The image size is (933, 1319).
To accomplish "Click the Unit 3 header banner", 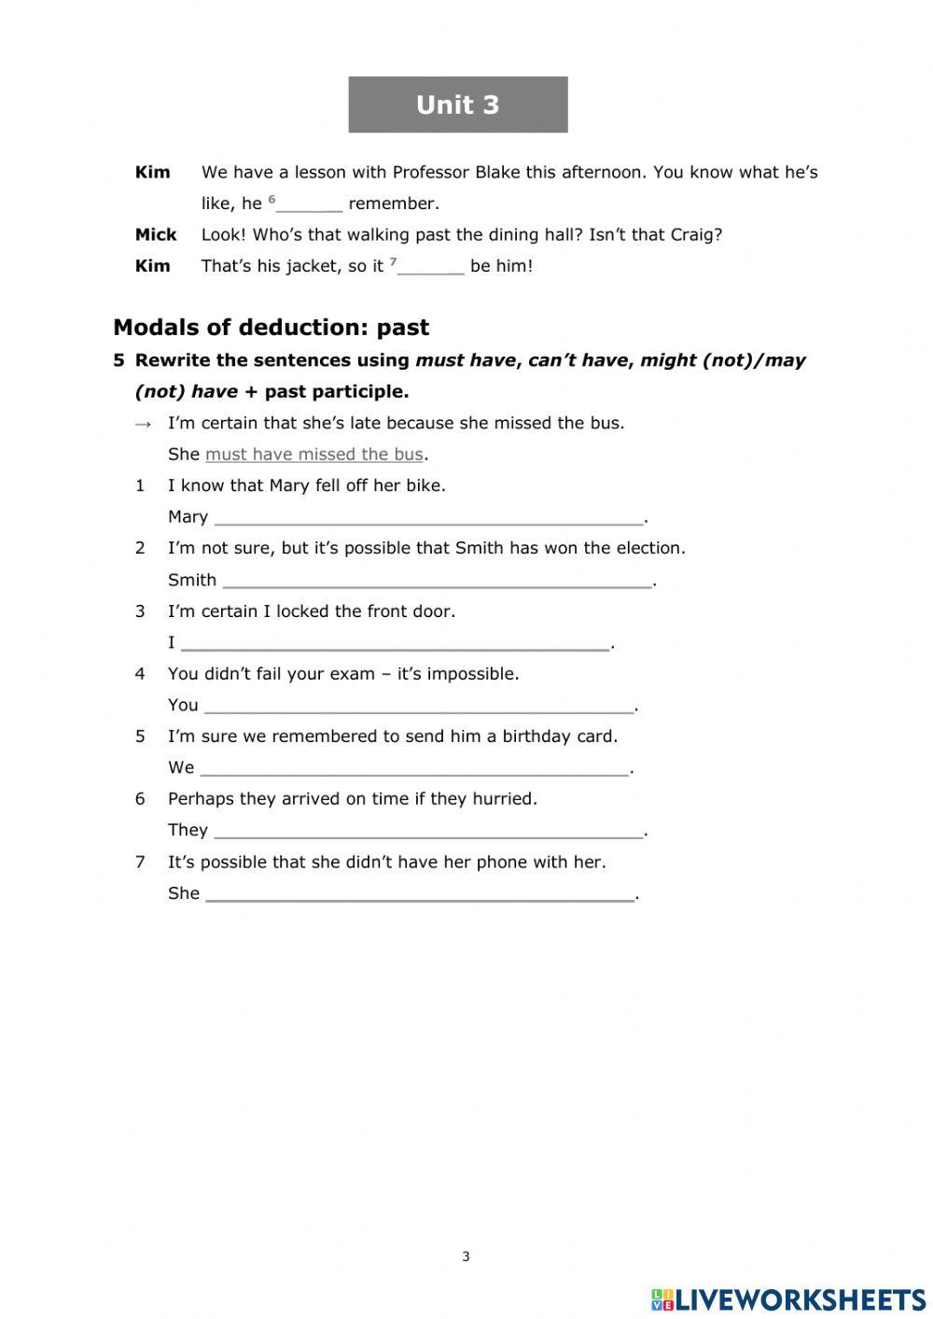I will point(457,105).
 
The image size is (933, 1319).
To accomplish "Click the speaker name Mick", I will point(155,234).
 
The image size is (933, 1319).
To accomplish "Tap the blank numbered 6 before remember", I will point(310,204).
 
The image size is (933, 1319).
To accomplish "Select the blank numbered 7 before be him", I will point(430,267).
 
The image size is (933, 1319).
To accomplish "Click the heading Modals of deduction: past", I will point(271,328).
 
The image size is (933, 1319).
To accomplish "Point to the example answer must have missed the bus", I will point(313,455).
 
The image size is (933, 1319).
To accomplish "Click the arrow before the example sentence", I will point(143,424).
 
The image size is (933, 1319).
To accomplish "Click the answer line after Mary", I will point(428,517).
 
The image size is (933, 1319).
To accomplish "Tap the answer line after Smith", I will point(437,581).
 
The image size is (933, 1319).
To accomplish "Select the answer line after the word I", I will point(395,643).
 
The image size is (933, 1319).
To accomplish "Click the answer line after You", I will point(419,706).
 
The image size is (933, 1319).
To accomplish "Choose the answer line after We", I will point(414,768).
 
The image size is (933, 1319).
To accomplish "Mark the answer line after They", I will point(428,831).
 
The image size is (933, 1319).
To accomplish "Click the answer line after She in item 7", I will point(420,894).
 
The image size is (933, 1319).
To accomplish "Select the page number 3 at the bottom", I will point(466,1256).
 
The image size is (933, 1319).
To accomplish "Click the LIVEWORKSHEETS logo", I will point(788,1299).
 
